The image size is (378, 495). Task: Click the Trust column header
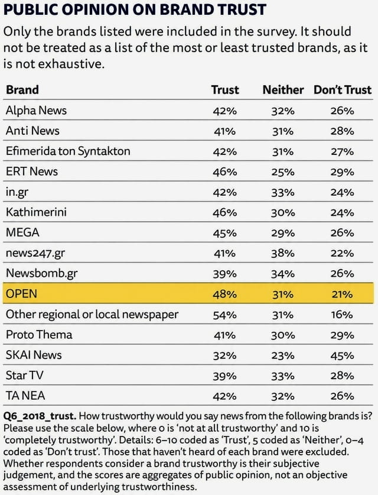coord(225,90)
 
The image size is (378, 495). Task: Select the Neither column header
coord(283,90)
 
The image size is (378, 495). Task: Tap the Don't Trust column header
coord(343,90)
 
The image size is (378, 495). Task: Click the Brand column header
coord(22,90)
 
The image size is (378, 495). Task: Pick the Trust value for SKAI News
coord(224,356)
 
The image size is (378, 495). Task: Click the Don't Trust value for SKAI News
coord(342,356)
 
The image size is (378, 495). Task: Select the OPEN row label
coord(21,293)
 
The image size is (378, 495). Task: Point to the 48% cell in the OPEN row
coord(224,295)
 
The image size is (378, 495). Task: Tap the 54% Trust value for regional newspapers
coord(224,315)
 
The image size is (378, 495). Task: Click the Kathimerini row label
coord(36,212)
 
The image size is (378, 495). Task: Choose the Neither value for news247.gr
coord(283,253)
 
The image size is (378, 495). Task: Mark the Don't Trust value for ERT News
coord(342,172)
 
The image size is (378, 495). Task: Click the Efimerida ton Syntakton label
coord(68,151)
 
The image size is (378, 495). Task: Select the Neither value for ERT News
coord(283,172)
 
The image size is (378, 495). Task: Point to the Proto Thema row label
coord(39,334)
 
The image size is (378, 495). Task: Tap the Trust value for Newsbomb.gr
coord(224,274)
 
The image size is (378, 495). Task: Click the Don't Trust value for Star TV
coord(342,376)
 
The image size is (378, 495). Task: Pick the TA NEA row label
coord(25,396)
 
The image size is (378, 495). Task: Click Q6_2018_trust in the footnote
coord(40,416)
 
